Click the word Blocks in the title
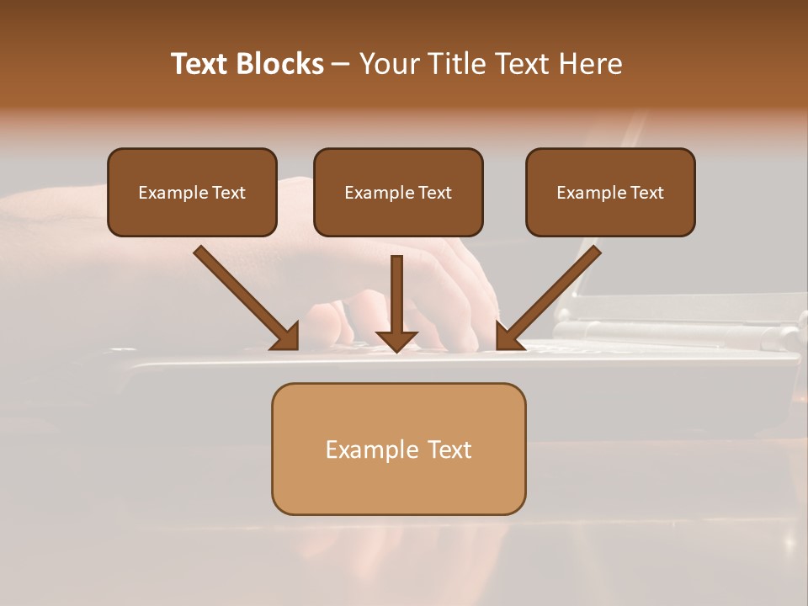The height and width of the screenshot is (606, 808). pyautogui.click(x=281, y=64)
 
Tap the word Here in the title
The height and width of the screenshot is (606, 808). pyautogui.click(x=587, y=64)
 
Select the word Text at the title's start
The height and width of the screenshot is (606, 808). pyautogui.click(x=201, y=64)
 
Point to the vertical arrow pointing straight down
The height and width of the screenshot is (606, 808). pyautogui.click(x=397, y=295)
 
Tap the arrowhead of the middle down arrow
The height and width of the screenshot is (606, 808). pyautogui.click(x=397, y=340)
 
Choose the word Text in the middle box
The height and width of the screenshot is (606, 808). pyautogui.click(x=435, y=193)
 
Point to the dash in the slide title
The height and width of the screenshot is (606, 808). pyautogui.click(x=341, y=64)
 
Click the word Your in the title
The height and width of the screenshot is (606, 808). pyautogui.click(x=387, y=64)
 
